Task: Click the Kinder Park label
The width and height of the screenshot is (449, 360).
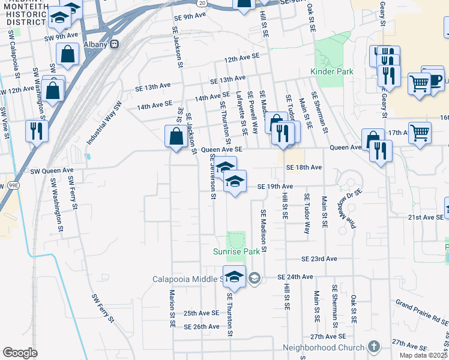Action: click(331, 72)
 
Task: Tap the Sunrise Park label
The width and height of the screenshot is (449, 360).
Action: click(237, 251)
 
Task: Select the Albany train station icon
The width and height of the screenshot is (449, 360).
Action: click(115, 44)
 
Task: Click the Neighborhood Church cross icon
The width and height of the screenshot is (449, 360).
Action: click(374, 347)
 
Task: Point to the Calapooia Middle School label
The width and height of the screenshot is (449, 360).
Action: click(188, 279)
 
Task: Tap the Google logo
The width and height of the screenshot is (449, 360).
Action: click(20, 353)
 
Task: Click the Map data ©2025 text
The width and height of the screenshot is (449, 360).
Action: click(425, 356)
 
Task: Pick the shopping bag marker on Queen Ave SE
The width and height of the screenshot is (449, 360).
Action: click(176, 136)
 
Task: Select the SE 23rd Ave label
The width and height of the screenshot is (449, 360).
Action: click(319, 259)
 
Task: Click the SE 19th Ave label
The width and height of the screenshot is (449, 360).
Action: click(274, 187)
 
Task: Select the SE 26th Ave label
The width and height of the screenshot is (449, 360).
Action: click(202, 327)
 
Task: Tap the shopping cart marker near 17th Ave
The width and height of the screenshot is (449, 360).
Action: click(420, 133)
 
